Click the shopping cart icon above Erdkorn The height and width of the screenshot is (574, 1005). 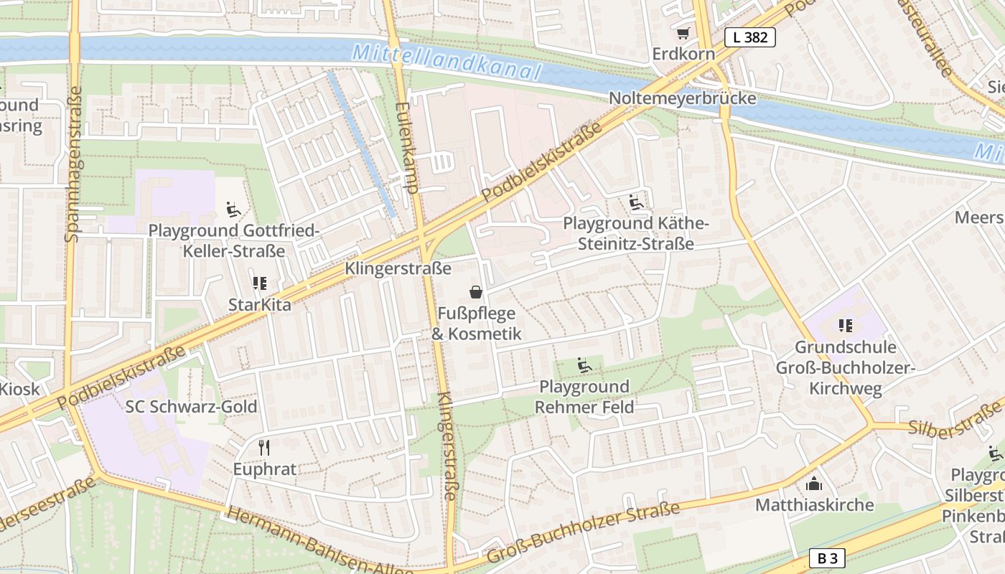coord(682,33)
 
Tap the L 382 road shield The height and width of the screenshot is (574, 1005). coord(750,37)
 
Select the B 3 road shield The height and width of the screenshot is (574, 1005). coord(827,557)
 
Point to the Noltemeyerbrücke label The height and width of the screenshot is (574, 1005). coord(682,98)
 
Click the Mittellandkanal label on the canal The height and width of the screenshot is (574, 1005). coord(447,61)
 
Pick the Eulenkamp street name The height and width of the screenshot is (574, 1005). coord(406,146)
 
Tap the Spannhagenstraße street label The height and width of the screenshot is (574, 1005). coord(73,164)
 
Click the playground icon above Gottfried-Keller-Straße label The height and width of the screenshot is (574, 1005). coord(233,210)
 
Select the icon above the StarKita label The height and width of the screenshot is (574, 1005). coord(259,283)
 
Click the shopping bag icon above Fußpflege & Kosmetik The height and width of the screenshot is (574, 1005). coord(475,292)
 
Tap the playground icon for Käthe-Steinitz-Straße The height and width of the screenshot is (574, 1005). coord(635,202)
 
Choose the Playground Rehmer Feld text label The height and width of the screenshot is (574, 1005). coord(584,397)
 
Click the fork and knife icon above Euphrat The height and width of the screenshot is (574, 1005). coord(264,448)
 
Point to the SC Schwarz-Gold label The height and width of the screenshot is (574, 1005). coord(191,407)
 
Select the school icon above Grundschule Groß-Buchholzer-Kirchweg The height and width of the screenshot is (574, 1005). coord(845,326)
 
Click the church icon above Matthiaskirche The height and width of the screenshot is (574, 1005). coord(814,484)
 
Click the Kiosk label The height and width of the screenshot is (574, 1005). coord(20,390)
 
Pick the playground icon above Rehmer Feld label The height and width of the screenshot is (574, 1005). coord(584,366)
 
